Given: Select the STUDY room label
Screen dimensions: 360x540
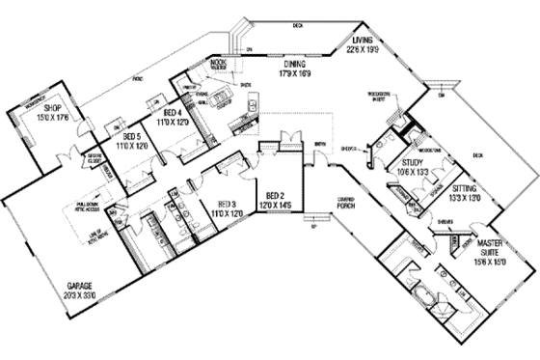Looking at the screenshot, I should [x=414, y=163].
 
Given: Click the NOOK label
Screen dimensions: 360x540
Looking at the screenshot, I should [x=218, y=63].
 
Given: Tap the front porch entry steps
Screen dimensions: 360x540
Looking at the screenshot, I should [x=310, y=230].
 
